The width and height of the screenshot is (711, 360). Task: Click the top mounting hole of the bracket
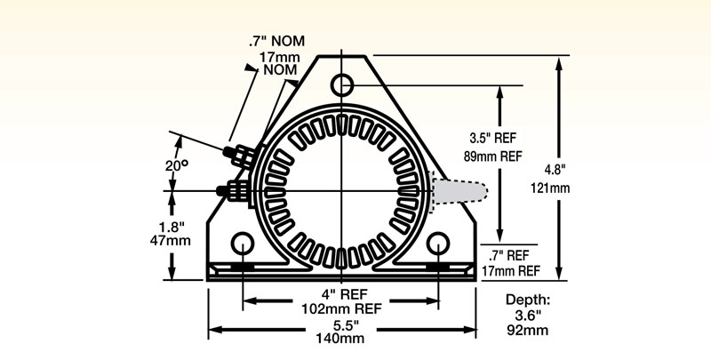click(x=343, y=85)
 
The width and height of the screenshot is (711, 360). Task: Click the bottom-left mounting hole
click(x=241, y=244)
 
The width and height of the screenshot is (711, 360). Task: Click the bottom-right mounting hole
click(x=438, y=244)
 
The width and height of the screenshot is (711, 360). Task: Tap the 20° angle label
click(x=178, y=166)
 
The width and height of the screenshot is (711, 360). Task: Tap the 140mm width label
click(x=341, y=340)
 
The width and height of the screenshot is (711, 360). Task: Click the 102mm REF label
click(x=341, y=309)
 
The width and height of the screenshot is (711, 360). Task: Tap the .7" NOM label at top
click(x=281, y=41)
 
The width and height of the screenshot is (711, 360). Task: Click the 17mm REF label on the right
click(x=510, y=270)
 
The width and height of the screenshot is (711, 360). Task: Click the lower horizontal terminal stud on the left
click(x=233, y=189)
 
